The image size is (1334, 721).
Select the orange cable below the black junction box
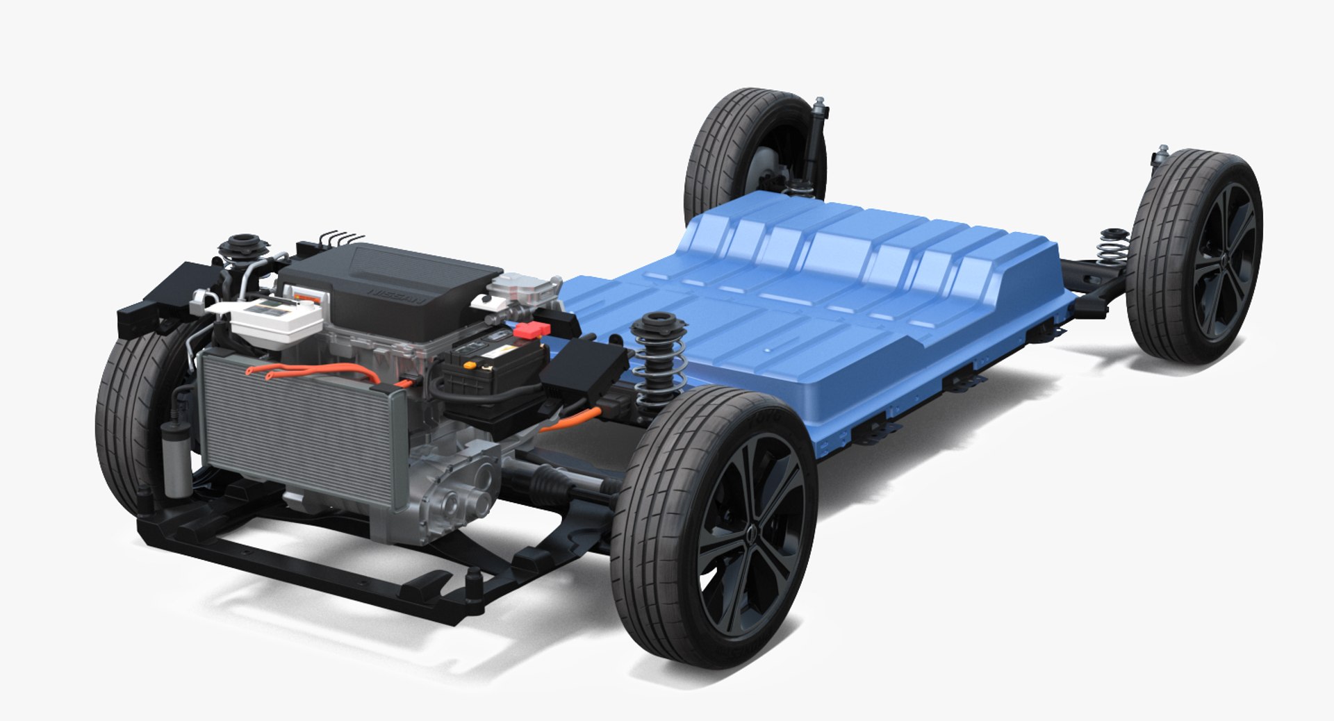pos(566,421)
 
